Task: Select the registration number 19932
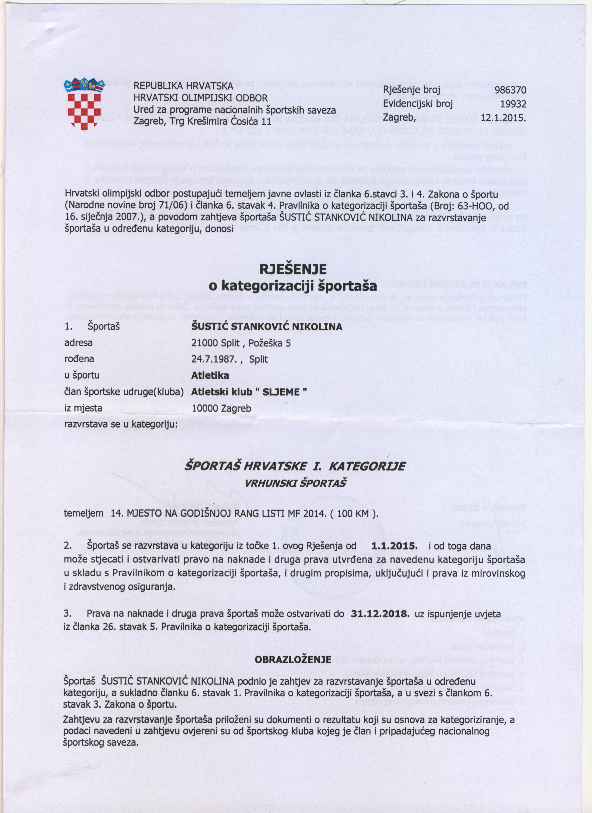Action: (513, 104)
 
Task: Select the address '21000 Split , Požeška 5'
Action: (241, 343)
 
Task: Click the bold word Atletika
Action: (210, 375)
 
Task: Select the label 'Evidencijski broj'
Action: (417, 104)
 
